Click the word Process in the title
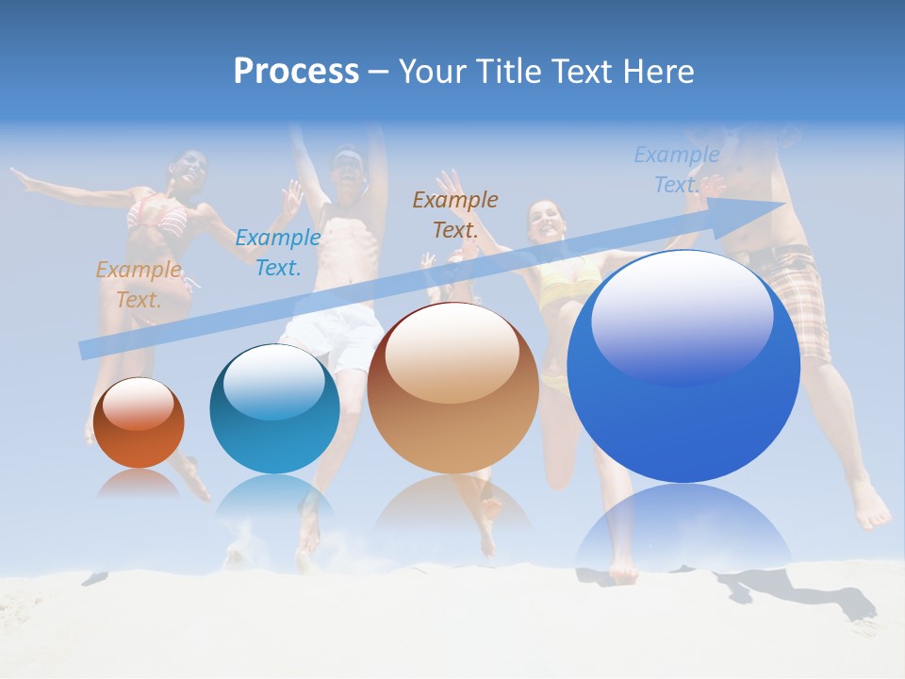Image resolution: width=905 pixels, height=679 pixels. [x=296, y=72]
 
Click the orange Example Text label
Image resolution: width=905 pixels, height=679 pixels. [x=139, y=285]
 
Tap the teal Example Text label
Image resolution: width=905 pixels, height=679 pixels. [x=277, y=253]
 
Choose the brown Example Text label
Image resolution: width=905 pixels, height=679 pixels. [x=454, y=214]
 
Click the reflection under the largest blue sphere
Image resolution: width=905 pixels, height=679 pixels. [x=683, y=528]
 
